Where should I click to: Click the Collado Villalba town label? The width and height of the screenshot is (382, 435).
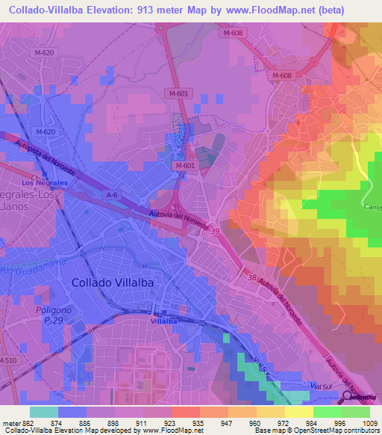click(x=114, y=283)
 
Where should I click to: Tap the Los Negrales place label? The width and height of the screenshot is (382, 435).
click(x=45, y=182)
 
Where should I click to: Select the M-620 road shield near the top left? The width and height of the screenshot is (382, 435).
click(x=44, y=52)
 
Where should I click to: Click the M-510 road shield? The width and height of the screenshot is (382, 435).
click(x=8, y=360)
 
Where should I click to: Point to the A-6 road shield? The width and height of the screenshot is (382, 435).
click(x=112, y=195)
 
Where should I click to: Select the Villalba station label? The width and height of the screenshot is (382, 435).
click(x=163, y=320)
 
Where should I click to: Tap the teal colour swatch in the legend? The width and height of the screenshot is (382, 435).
click(x=43, y=412)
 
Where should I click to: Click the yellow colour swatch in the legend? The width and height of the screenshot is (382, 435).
click(x=299, y=412)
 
